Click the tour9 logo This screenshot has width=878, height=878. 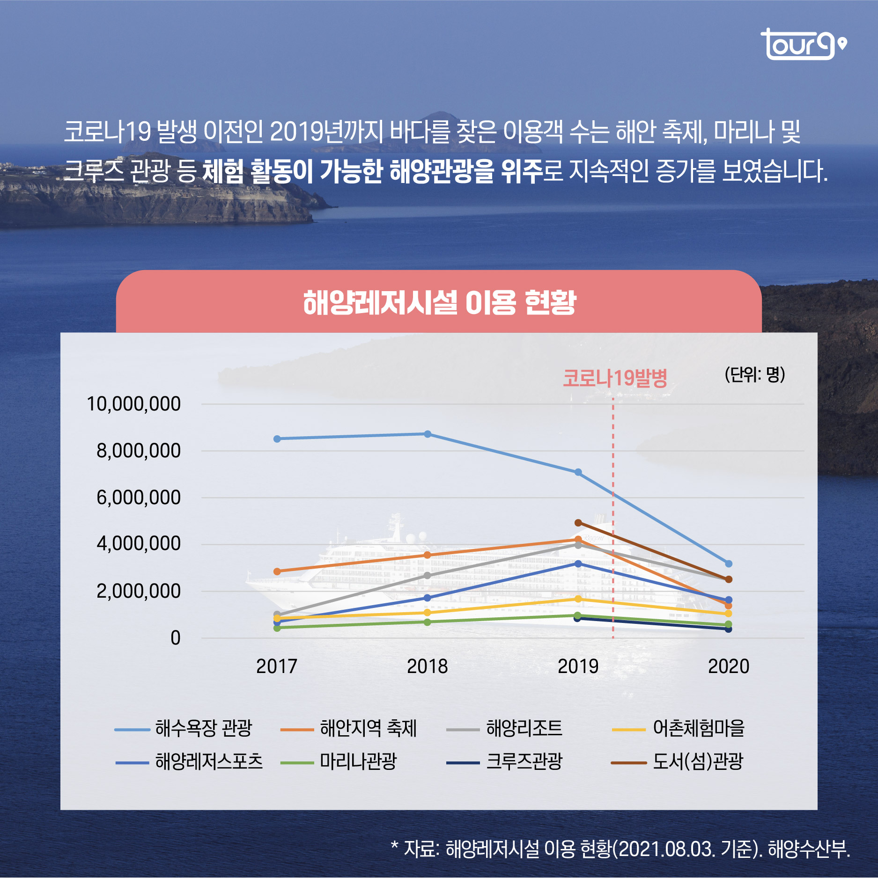(803, 45)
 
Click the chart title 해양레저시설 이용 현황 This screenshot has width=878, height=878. (439, 302)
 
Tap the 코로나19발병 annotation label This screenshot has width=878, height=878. (614, 378)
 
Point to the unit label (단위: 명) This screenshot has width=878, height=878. (754, 374)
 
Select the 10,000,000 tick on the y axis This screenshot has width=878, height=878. (133, 404)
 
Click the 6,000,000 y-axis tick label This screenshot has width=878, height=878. (138, 498)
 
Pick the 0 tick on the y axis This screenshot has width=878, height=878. (175, 638)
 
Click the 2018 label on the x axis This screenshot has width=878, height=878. (427, 666)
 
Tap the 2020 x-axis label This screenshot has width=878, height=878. (728, 666)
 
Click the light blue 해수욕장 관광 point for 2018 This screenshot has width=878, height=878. (428, 434)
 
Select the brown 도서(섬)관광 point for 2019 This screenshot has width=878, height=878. (578, 523)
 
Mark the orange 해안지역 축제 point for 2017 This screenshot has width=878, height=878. (277, 571)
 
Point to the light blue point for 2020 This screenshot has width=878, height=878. (729, 564)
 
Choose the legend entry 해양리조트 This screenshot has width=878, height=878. (524, 728)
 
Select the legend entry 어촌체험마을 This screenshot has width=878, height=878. (698, 728)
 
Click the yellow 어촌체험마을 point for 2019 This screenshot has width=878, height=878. (578, 599)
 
